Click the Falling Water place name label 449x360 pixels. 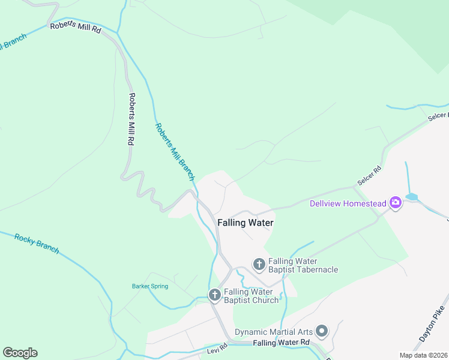(245, 223)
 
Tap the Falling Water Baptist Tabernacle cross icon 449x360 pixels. (259, 265)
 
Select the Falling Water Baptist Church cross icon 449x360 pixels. (215, 295)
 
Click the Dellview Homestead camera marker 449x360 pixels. (395, 203)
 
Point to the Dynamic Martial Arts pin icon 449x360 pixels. (322, 331)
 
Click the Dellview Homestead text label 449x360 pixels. (348, 203)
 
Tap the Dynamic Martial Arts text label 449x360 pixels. (274, 332)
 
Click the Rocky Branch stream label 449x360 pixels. (37, 243)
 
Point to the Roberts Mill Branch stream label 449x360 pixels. (175, 152)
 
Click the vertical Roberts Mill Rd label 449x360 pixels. (131, 119)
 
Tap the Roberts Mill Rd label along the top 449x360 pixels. (76, 27)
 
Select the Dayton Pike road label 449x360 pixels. (432, 327)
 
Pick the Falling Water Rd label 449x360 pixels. (281, 343)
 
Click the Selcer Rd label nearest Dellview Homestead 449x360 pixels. (369, 175)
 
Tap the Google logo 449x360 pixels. (20, 352)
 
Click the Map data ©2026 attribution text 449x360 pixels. (423, 355)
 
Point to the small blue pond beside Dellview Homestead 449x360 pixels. (412, 196)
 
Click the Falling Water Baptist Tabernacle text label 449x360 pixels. (303, 265)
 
